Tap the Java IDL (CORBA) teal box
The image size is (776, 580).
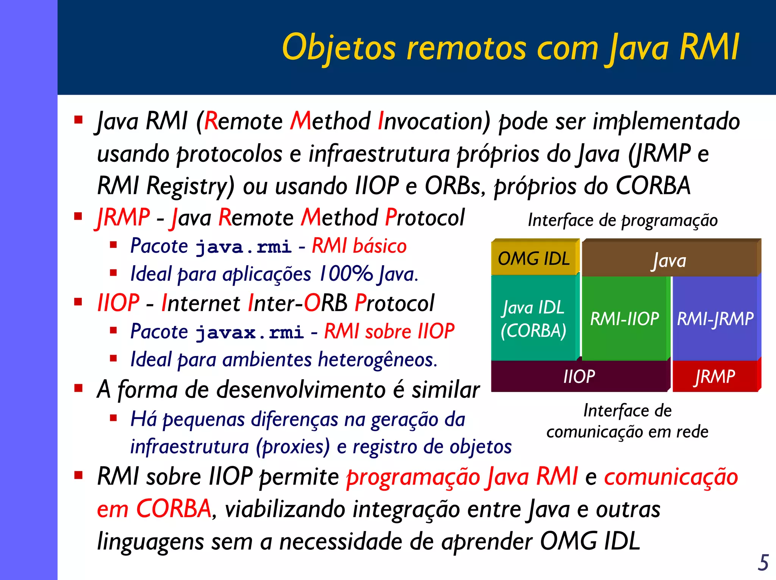tap(533, 319)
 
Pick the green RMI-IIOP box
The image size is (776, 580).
tap(624, 319)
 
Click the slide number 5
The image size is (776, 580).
tap(763, 562)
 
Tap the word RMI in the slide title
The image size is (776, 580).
tap(709, 47)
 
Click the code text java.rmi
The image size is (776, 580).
tap(243, 247)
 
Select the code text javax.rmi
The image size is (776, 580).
tap(250, 333)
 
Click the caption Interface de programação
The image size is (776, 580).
tap(623, 220)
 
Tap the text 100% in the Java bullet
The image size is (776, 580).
tap(346, 274)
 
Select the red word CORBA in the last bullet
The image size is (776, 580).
tap(173, 508)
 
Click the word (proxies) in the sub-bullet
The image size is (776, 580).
tap(293, 447)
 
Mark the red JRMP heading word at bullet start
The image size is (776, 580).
tap(124, 218)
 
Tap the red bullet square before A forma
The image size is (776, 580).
tap(78, 388)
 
